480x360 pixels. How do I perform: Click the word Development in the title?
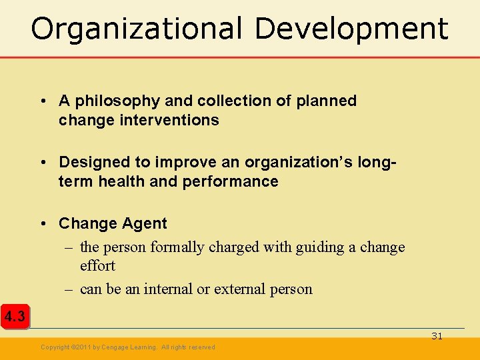click(351, 29)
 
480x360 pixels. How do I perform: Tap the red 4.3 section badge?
click(15, 317)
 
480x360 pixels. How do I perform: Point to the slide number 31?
click(437, 336)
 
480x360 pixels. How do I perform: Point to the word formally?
click(177, 247)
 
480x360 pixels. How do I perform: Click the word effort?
click(97, 265)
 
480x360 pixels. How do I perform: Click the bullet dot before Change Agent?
click(42, 223)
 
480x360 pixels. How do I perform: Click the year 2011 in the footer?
click(83, 347)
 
